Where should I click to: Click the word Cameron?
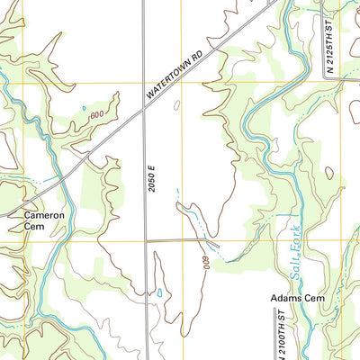43,215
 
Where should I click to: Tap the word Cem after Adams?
312,297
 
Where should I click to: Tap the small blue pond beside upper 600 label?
85,109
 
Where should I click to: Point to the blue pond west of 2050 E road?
159,292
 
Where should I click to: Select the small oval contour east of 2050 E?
176,105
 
